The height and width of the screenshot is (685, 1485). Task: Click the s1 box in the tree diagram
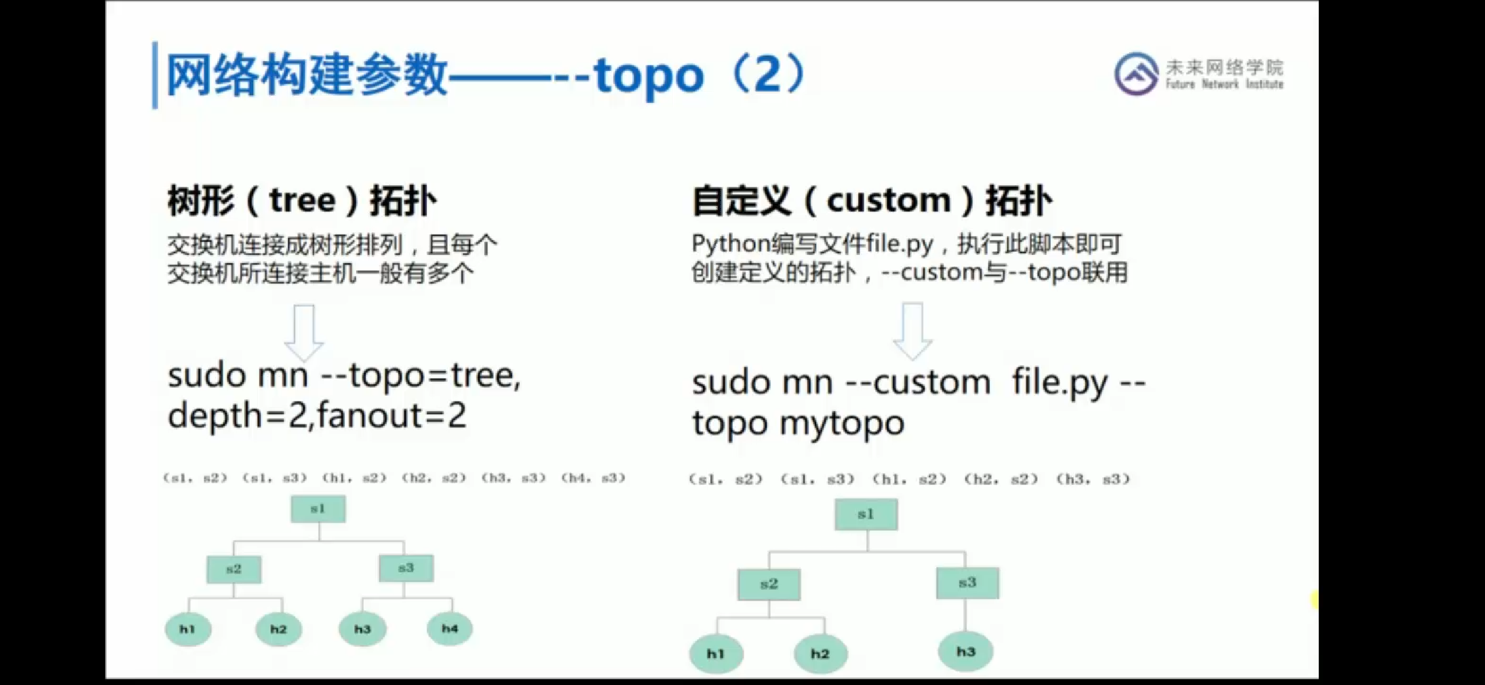(x=318, y=509)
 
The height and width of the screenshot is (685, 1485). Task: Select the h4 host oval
(x=449, y=629)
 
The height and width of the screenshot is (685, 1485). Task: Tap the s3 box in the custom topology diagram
(x=967, y=583)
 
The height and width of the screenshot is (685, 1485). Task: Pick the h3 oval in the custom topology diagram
(x=965, y=651)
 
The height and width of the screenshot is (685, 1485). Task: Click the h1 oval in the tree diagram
(x=188, y=629)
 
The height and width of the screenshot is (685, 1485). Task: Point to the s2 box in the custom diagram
(x=769, y=584)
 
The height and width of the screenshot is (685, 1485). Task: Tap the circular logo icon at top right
(x=1136, y=74)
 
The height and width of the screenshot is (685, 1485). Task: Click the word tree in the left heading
(x=302, y=201)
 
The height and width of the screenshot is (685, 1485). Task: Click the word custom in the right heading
(x=888, y=201)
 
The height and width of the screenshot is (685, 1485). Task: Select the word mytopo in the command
(x=841, y=423)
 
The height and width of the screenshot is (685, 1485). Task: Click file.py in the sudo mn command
(x=1059, y=382)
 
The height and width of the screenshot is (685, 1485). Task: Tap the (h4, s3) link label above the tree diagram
(x=593, y=478)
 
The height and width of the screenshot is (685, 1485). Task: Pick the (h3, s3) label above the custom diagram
(x=1093, y=480)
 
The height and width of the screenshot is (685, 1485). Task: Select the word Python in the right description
(x=730, y=244)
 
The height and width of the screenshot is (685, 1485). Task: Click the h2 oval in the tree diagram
(x=279, y=629)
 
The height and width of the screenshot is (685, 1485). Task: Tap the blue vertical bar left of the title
(x=155, y=75)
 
